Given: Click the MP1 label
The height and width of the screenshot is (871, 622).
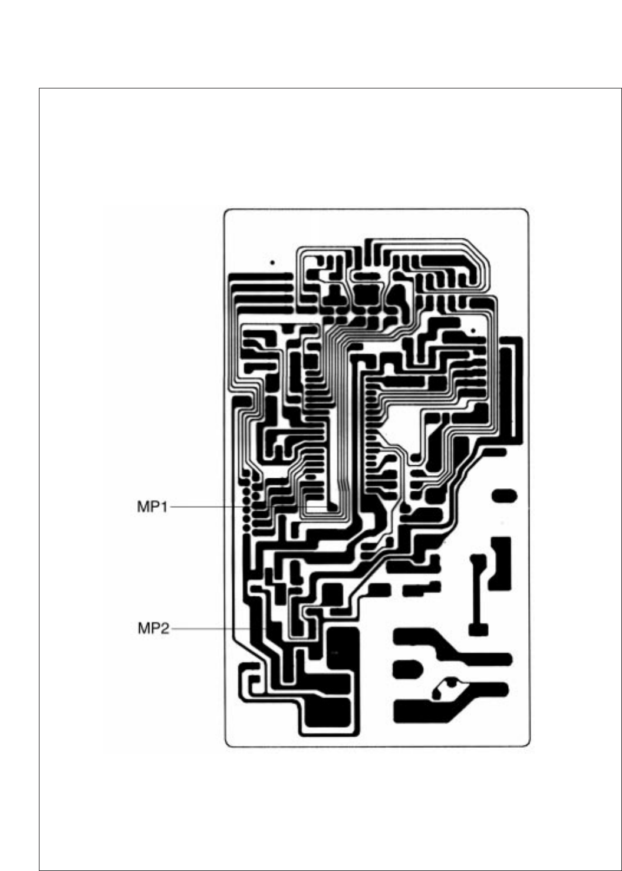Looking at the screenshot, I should pos(153,507).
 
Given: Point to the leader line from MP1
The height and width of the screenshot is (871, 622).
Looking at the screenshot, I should pos(248,507).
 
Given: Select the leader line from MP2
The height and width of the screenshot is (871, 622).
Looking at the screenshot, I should pos(206,629).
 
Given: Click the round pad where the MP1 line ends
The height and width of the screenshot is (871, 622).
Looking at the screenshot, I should pos(332,507).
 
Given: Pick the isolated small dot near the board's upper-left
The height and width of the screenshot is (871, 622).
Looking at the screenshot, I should pos(272,262).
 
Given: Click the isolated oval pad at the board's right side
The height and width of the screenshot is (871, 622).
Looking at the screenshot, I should pos(505,496).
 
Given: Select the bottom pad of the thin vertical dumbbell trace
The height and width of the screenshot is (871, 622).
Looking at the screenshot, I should pos(478,629).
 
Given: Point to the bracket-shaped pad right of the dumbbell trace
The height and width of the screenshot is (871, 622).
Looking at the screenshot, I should pos(501,563).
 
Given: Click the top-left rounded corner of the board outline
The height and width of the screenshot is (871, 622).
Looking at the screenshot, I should pos(226,212).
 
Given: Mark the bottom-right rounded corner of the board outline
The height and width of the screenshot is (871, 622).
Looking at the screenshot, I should pos(526,744).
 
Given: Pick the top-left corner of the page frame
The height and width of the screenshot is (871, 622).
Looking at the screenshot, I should pos(40,89).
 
